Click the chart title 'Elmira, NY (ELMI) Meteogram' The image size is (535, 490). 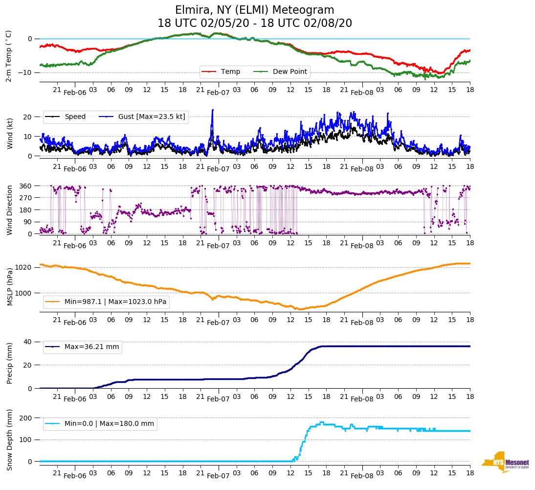coord(254,10)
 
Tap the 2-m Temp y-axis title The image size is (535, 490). coord(8,56)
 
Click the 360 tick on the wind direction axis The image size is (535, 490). coord(26,186)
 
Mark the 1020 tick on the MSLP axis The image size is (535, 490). coord(24,267)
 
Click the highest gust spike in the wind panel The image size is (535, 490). coord(213,110)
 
